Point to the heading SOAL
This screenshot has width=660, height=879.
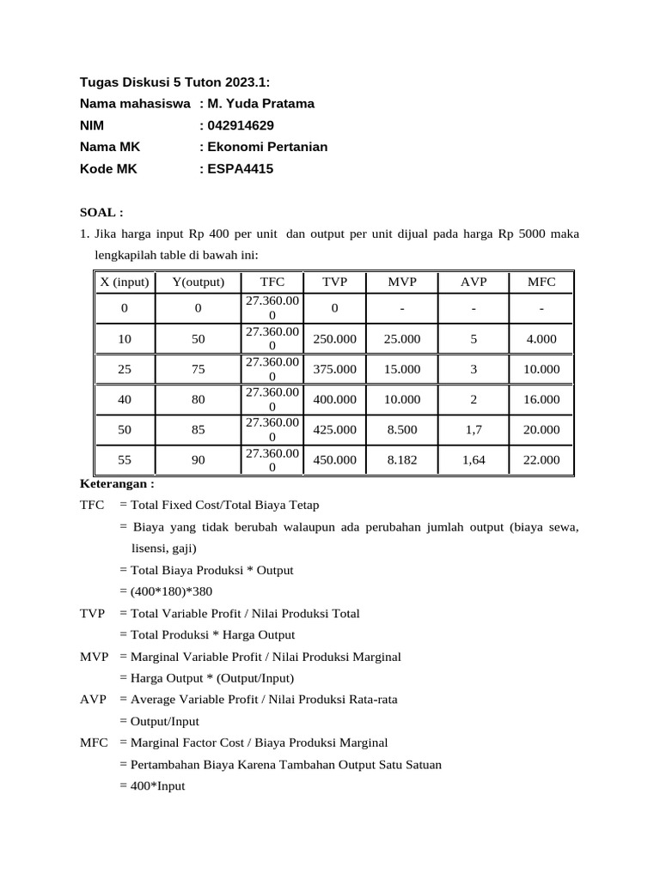[x=101, y=212]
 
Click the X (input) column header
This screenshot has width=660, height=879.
[x=125, y=282]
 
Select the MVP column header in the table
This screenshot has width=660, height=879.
[x=402, y=282]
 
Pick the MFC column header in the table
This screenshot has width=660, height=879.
[x=541, y=282]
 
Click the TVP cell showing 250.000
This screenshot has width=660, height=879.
[x=334, y=339]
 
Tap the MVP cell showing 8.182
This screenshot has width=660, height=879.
[x=402, y=460]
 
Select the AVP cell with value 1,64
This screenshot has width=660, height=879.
[x=474, y=460]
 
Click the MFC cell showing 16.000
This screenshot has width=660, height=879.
[x=541, y=399]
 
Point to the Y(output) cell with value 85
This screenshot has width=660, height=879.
[x=199, y=429]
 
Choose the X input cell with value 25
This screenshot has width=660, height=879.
[x=125, y=369]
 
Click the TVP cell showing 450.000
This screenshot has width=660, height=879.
[x=334, y=460]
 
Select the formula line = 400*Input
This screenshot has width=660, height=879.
[x=152, y=785]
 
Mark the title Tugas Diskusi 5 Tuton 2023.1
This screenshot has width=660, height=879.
[x=175, y=82]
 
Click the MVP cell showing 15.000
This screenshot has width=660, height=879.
[x=402, y=369]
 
